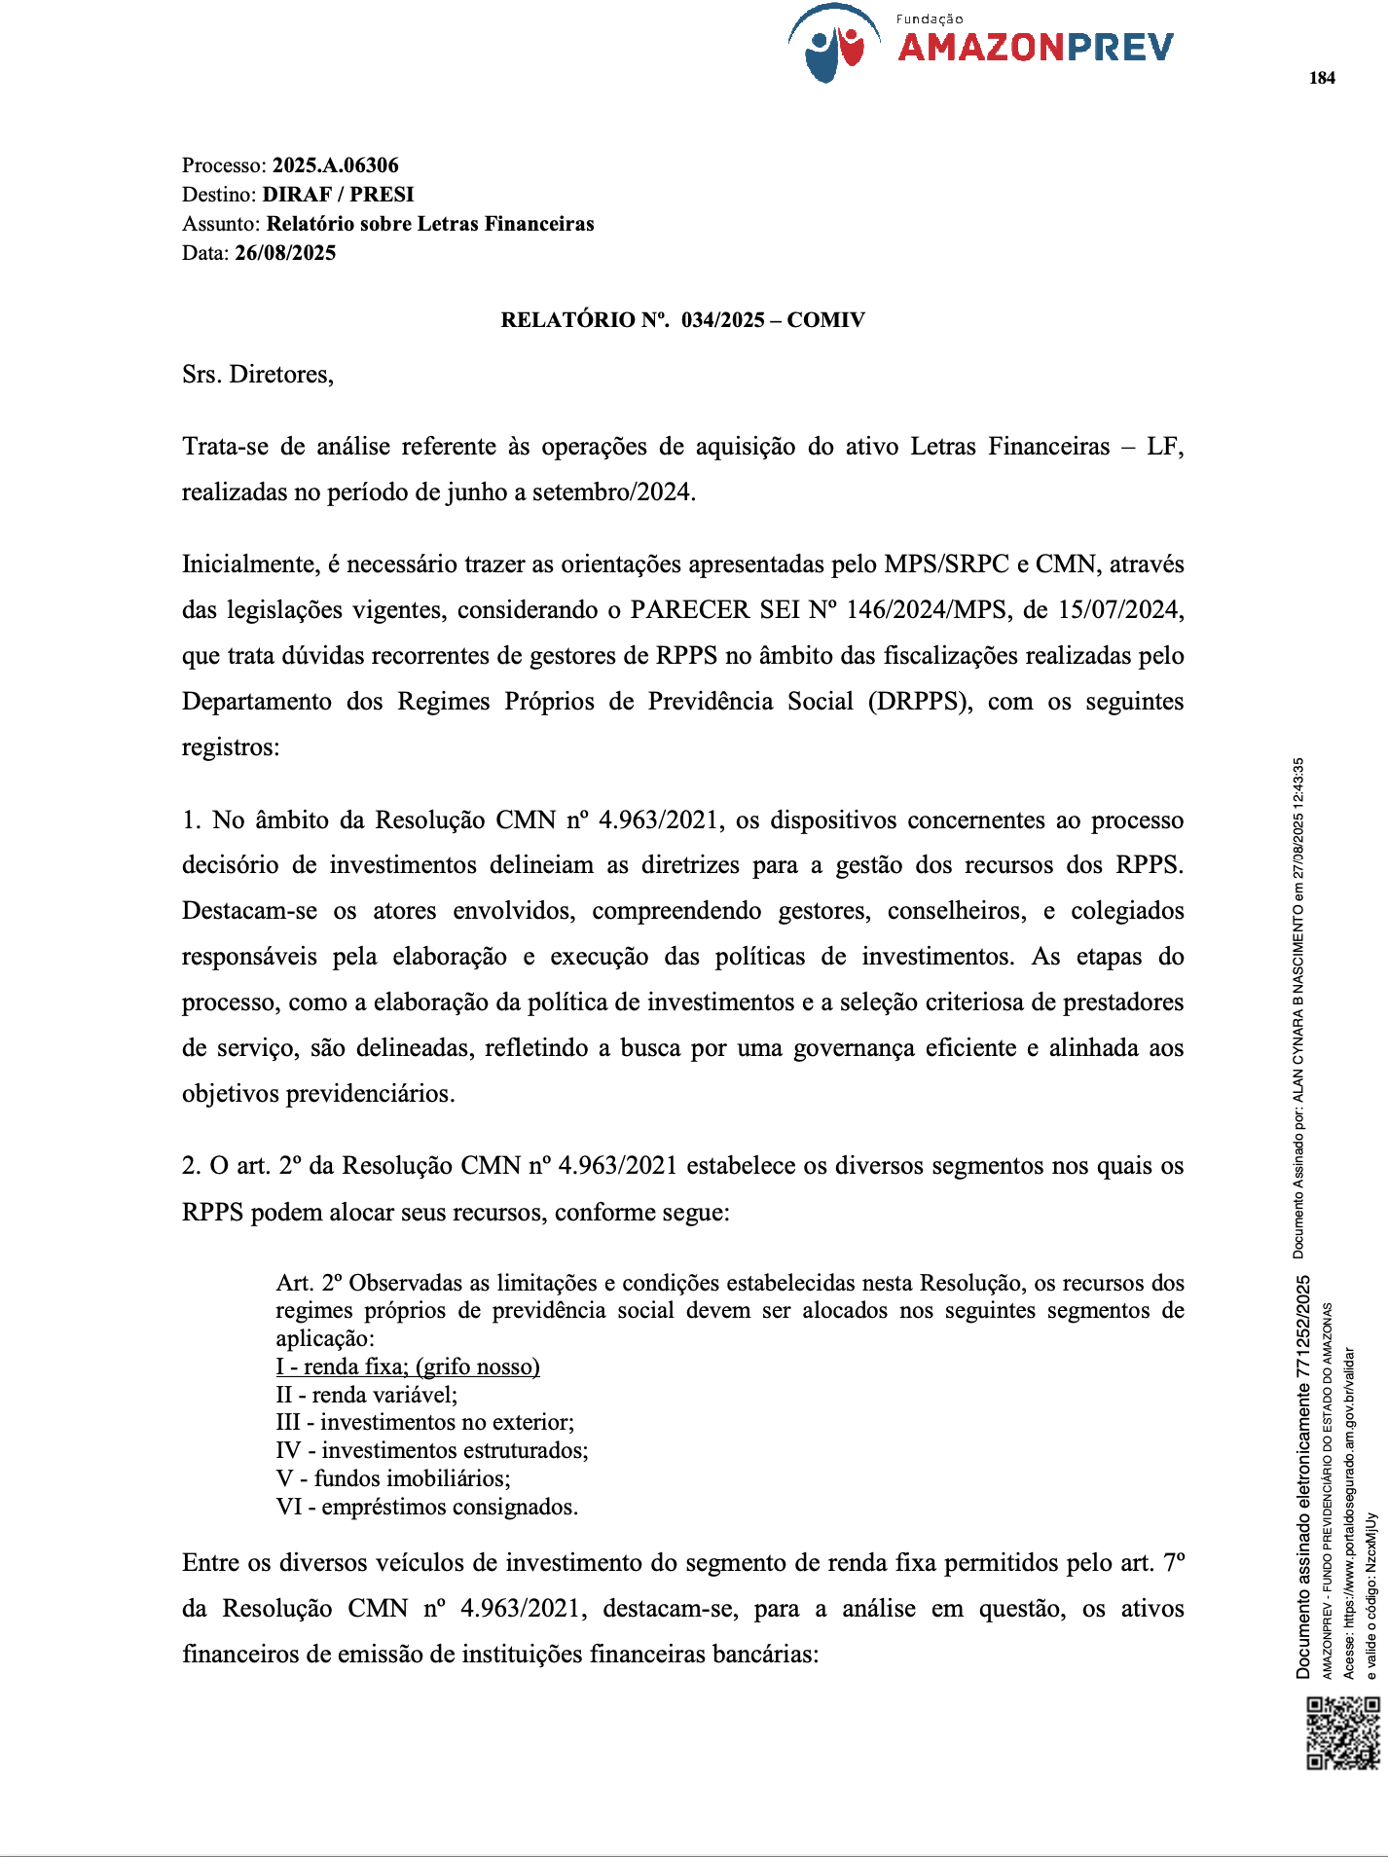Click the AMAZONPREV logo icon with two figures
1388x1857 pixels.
click(834, 45)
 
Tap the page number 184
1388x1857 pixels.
click(1322, 79)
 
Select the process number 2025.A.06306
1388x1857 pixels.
click(335, 165)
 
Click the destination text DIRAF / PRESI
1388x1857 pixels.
click(338, 195)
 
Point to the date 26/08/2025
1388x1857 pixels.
click(285, 253)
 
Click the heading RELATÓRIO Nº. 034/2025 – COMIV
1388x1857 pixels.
click(682, 320)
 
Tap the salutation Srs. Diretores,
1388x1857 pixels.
click(258, 375)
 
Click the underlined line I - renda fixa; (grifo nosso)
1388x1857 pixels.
click(408, 1366)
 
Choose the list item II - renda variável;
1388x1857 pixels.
click(367, 1395)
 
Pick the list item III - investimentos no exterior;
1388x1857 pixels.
click(425, 1423)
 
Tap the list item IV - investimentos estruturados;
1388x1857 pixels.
click(432, 1451)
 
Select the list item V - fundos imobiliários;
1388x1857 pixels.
click(393, 1479)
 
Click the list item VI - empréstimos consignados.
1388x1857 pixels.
click(427, 1508)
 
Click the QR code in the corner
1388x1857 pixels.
click(1343, 1732)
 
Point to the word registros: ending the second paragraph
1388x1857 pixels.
click(231, 747)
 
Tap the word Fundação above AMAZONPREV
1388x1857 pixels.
click(930, 19)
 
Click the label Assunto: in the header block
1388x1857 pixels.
click(221, 224)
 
